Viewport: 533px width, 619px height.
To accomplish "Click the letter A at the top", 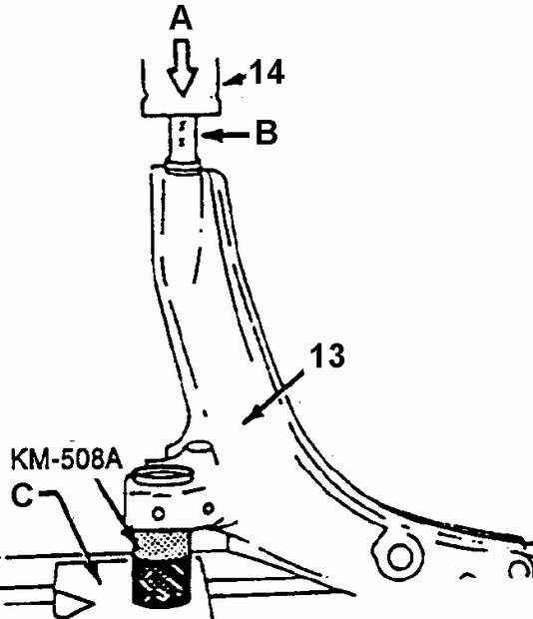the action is (181, 19).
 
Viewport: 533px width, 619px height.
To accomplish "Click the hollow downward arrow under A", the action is (182, 67).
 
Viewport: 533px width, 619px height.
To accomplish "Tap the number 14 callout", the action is (267, 72).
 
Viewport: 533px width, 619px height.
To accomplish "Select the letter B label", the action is (266, 132).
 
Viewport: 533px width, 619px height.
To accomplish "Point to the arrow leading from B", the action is (225, 136).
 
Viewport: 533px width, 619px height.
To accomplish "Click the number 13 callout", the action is (327, 355).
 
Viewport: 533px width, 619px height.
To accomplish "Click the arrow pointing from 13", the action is (272, 397).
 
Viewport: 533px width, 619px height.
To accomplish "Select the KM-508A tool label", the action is (67, 459).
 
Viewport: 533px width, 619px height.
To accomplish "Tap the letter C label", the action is (22, 495).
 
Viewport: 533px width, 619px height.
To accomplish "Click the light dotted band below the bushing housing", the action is (162, 544).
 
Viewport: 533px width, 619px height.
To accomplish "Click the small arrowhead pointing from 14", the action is (234, 81).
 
